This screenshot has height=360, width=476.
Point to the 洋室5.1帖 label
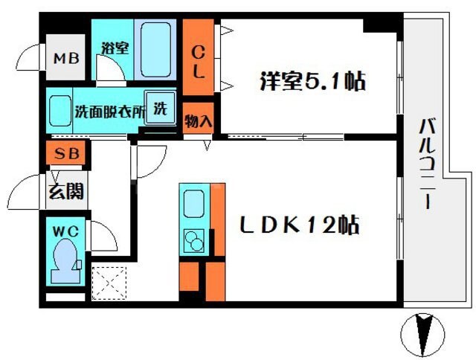[x=312, y=80]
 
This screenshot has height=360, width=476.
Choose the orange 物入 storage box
[x=199, y=120]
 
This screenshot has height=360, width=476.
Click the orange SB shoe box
[x=65, y=156]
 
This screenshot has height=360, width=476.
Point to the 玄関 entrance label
[x=66, y=192]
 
